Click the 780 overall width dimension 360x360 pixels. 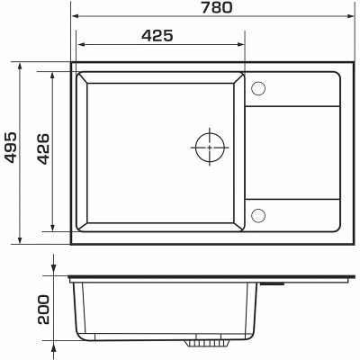pyautogui.click(x=216, y=7)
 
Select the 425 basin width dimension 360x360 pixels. pyautogui.click(x=157, y=36)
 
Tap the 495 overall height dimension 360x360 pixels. pyautogui.click(x=11, y=147)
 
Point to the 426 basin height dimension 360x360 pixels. pyautogui.click(x=43, y=149)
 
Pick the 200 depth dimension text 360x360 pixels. pyautogui.click(x=43, y=310)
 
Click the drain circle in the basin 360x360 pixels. pyautogui.click(x=210, y=148)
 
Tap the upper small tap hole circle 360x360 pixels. pyautogui.click(x=258, y=88)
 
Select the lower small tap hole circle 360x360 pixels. pyautogui.click(x=258, y=215)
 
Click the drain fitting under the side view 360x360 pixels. pyautogui.click(x=208, y=343)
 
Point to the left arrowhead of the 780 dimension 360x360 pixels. pyautogui.click(x=75, y=15)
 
